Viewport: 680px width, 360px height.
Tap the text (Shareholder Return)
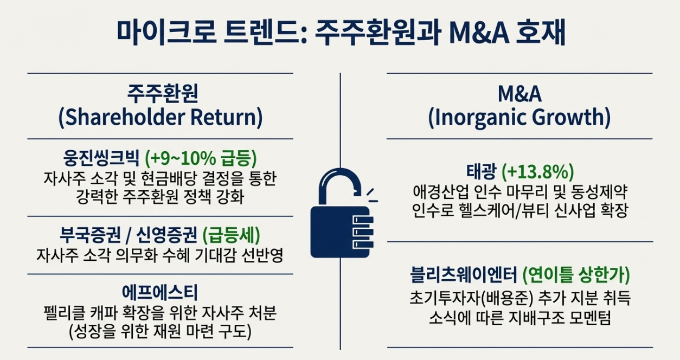pyautogui.click(x=161, y=118)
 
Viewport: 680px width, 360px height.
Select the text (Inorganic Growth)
pyautogui.click(x=519, y=118)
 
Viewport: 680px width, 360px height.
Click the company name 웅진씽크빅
pyautogui.click(x=101, y=158)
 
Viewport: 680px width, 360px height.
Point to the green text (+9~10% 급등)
pyautogui.click(x=201, y=158)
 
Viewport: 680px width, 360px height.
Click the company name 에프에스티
pyautogui.click(x=161, y=293)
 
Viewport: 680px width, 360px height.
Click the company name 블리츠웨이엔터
pyautogui.click(x=464, y=275)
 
